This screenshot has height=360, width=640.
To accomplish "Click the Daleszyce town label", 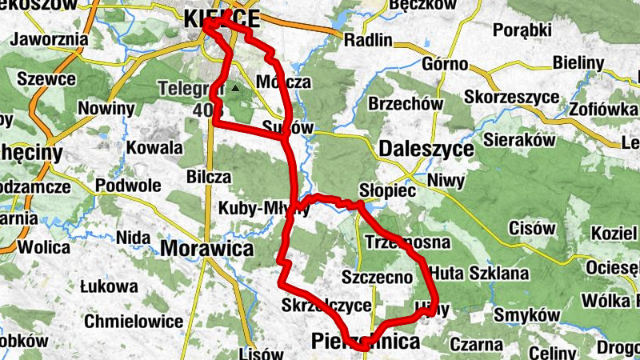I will pos(422,148).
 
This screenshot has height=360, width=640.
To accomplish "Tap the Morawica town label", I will pos(206,248).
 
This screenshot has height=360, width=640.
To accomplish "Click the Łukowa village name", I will pos(110,286).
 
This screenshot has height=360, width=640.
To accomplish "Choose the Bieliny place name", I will pos(577,62).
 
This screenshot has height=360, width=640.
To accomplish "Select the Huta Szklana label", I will pos(479,274).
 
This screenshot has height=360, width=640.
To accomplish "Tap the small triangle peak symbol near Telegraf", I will pos(234,89).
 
